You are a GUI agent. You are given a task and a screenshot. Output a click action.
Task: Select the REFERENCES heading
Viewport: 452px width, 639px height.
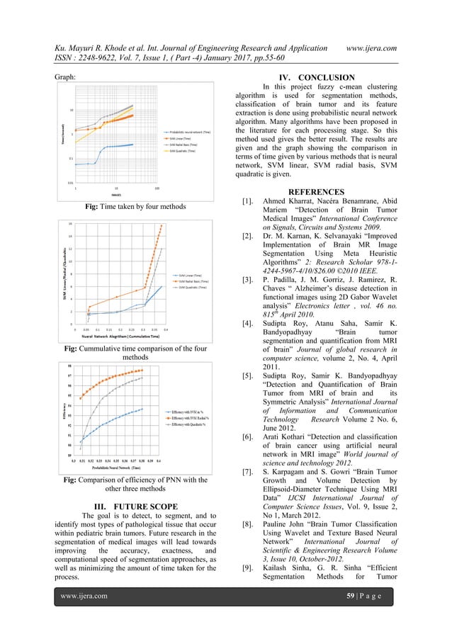pos(316,192)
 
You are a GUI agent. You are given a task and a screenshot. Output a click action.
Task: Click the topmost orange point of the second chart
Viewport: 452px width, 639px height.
pos(161,226)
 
